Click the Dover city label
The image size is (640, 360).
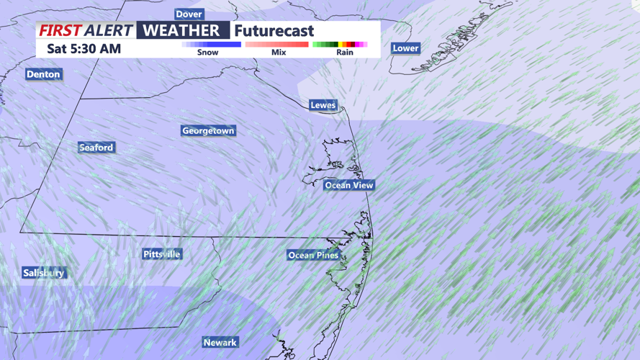189,14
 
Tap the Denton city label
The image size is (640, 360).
43,74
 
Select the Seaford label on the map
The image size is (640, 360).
96,148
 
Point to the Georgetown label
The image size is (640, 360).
208,131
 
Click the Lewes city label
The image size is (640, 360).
323,105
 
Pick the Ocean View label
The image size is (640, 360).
349,185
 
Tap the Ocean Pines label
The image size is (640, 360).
313,255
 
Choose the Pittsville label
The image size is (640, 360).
162,254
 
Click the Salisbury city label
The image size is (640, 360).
44,273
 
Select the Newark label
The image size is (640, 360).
220,342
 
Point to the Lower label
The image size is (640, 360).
405,48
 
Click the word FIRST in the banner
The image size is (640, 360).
60,31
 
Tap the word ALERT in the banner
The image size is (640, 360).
109,31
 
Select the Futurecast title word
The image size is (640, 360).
274,31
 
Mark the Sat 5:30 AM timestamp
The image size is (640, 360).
84,49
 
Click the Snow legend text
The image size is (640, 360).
208,53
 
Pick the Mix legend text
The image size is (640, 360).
279,53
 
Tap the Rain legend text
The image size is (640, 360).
345,53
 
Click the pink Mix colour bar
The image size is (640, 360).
277,45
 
